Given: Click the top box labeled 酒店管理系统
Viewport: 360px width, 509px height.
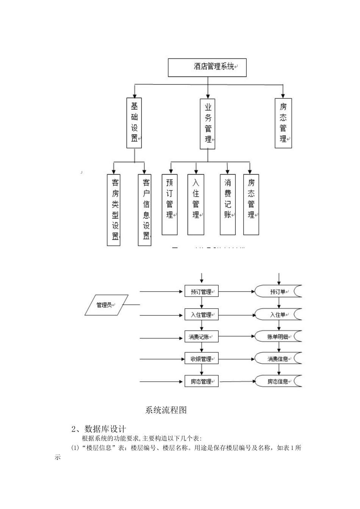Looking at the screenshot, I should [x=207, y=67].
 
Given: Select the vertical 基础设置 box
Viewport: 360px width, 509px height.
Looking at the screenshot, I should [x=134, y=122].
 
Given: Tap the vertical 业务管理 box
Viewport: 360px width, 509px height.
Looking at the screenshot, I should [x=208, y=124].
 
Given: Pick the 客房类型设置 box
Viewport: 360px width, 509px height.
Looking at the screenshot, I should [x=114, y=210].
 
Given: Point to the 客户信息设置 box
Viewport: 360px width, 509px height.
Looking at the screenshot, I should [x=145, y=210].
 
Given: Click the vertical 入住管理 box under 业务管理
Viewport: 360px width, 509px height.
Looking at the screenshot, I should [x=196, y=205].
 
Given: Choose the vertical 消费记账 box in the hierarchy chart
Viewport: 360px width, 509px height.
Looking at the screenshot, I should [x=228, y=205].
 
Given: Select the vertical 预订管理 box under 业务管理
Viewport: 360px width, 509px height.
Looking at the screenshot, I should [x=169, y=205].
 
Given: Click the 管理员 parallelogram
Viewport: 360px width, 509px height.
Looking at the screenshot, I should [x=106, y=305].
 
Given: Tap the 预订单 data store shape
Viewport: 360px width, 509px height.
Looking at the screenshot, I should [x=279, y=292].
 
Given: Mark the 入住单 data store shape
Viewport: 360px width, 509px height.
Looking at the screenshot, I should [x=279, y=314].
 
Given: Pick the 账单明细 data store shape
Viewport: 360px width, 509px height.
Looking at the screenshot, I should [x=279, y=336].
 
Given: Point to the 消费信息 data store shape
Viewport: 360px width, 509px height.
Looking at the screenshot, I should [x=279, y=358].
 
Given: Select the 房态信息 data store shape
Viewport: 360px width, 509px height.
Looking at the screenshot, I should [x=279, y=381].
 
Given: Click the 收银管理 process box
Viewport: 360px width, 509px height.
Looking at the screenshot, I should [x=202, y=359].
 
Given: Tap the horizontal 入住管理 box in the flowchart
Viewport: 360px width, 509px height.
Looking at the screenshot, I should [x=202, y=314].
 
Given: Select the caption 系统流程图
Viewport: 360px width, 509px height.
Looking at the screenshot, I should [x=166, y=410].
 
